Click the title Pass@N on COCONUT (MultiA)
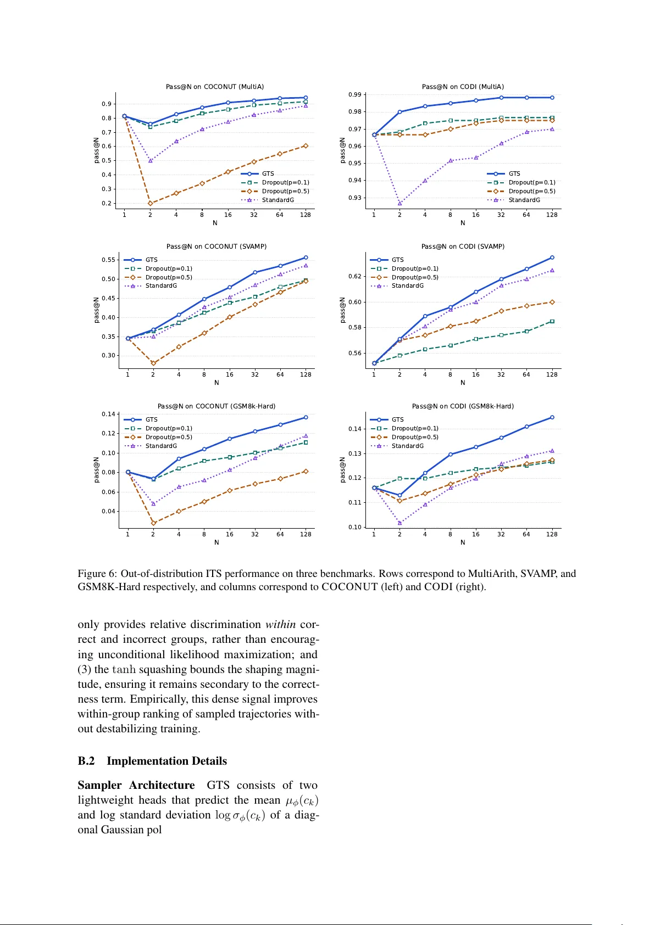coord(215,87)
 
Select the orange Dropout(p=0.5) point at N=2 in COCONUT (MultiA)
coord(150,203)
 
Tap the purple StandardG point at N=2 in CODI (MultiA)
coord(399,203)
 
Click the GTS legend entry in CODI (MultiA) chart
coord(514,173)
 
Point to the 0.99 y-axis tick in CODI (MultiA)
coord(355,95)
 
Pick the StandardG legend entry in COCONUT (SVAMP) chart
coord(161,286)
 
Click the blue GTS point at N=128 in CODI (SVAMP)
coord(552,257)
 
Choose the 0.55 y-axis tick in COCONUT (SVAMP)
coord(108,260)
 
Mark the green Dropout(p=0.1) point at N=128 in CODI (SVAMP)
coord(552,321)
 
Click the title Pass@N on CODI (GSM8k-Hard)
coord(463,406)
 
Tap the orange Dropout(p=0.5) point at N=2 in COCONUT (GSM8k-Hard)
coord(153,523)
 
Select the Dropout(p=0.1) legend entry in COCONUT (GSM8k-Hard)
coord(169,428)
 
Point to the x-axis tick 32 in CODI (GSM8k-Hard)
coord(501,534)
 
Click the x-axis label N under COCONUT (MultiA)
coord(215,223)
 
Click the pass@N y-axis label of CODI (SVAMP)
coord(342,310)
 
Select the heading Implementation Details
coord(166,761)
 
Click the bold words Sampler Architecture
coord(136,785)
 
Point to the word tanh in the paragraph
coord(124,670)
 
